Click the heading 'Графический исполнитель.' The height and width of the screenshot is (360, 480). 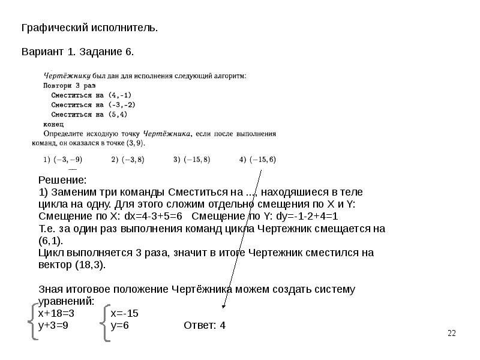[90, 28]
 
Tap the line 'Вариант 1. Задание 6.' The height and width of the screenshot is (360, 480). [78, 52]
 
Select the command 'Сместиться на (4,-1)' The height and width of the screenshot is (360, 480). [91, 95]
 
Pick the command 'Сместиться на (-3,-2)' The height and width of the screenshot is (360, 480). [93, 104]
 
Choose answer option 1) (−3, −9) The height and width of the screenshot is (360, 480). [62, 160]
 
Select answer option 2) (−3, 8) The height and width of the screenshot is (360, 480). [128, 160]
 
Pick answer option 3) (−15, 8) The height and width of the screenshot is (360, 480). [191, 160]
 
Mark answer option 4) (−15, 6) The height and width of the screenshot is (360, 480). [258, 160]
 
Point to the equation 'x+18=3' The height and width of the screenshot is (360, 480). [56, 314]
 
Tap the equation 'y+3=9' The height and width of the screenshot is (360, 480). [53, 325]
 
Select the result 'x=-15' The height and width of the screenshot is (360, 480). [125, 314]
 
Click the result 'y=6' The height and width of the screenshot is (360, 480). [120, 325]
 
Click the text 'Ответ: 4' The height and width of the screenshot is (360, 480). [204, 325]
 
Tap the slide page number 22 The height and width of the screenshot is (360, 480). [452, 334]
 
